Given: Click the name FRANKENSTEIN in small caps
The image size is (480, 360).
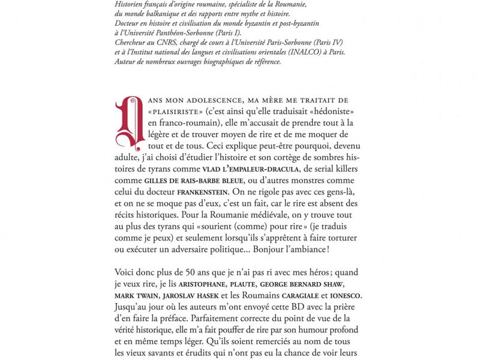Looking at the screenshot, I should coord(202,192).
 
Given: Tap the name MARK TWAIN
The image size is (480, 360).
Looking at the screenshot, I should coord(136,295).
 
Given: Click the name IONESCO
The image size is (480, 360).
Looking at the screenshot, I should coord(345,295).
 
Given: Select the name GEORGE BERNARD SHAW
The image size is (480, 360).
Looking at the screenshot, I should coord(302,284).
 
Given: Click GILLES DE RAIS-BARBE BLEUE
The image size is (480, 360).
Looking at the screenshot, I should coord(194,181).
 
